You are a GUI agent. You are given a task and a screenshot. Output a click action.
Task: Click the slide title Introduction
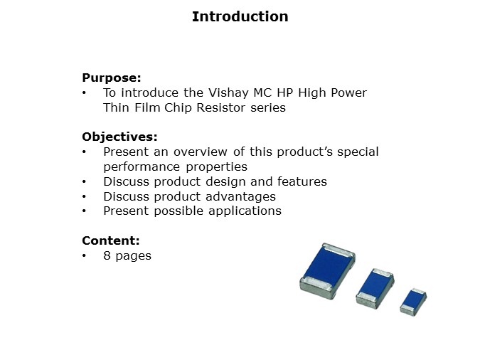(x=240, y=16)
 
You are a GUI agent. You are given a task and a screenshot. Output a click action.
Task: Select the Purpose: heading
(x=112, y=78)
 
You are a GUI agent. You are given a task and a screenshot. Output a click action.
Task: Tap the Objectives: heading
(x=119, y=137)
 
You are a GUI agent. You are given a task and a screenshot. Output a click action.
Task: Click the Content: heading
(x=110, y=240)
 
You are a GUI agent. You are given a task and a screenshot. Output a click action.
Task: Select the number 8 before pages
(x=107, y=255)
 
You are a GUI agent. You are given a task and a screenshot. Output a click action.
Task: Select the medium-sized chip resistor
(x=375, y=286)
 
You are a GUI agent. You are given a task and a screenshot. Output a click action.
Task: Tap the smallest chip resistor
(x=412, y=300)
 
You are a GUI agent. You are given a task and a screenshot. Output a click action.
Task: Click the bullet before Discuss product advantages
(x=85, y=196)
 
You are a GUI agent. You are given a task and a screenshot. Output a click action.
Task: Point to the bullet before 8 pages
(x=85, y=255)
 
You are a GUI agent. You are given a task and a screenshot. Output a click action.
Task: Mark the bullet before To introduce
(x=85, y=93)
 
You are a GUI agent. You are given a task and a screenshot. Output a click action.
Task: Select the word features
(x=302, y=181)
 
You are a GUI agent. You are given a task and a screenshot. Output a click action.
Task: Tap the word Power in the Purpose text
(x=349, y=93)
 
